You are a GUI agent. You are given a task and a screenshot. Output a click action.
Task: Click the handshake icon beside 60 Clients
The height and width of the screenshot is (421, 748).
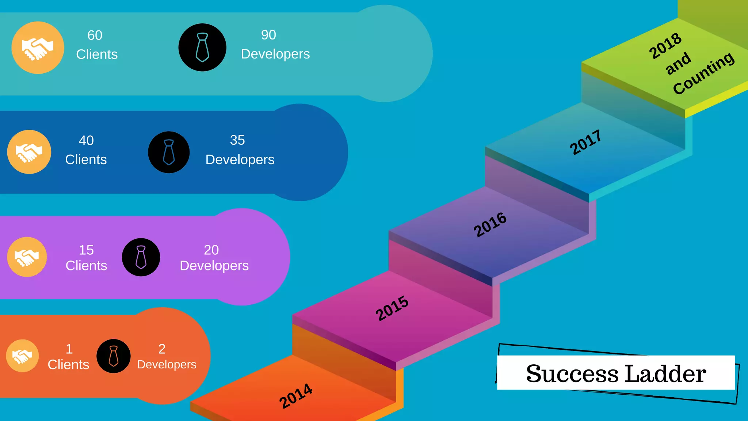[38, 48]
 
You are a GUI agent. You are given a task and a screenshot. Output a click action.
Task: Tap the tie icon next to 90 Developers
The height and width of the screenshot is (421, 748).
[202, 48]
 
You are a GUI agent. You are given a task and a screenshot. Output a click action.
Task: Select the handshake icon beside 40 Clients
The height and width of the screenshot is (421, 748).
[29, 152]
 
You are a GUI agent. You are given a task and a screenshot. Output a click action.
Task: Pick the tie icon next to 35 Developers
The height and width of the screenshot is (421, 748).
[169, 152]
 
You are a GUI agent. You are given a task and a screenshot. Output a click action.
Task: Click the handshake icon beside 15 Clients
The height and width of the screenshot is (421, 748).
[27, 257]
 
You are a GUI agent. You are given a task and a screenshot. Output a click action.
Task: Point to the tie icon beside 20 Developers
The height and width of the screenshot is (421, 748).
[141, 257]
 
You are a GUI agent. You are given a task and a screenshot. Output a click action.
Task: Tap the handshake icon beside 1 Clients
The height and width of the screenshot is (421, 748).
[22, 356]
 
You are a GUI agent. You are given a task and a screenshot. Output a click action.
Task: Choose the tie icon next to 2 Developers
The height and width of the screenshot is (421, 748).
[114, 356]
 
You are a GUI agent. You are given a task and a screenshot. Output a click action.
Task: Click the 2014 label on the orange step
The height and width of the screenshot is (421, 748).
[296, 396]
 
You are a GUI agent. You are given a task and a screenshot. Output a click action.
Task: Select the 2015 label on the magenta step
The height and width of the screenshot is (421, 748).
[392, 308]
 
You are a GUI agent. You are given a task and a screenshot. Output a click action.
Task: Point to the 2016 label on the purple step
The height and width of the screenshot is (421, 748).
[490, 225]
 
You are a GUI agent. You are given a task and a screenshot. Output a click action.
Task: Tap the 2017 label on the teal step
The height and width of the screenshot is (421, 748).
[585, 142]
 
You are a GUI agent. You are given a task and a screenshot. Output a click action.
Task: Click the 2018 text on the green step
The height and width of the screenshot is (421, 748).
[665, 46]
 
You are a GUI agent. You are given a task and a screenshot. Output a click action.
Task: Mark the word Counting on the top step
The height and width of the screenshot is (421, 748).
[703, 73]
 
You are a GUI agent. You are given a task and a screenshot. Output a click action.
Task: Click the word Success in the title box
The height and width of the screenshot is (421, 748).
[572, 374]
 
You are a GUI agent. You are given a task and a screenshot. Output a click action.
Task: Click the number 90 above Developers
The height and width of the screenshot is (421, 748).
[268, 35]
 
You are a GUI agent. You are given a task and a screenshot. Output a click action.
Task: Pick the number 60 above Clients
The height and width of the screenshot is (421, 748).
[95, 35]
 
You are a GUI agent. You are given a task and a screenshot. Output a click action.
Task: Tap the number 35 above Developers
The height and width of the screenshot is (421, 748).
[237, 140]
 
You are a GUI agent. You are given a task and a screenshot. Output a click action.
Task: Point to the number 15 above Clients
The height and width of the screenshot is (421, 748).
[87, 250]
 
